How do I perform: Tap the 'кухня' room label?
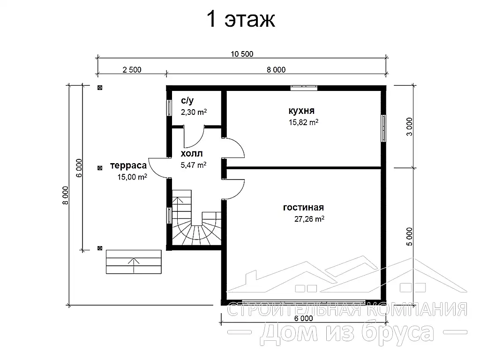(301, 111)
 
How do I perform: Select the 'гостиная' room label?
(303, 208)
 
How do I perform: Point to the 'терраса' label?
(128, 165)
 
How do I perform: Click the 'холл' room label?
(192, 153)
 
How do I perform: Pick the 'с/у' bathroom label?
(187, 100)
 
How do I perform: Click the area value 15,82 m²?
(303, 122)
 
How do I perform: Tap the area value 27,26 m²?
(309, 219)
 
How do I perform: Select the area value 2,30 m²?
(194, 112)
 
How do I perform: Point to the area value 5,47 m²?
(193, 165)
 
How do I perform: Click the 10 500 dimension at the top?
(242, 54)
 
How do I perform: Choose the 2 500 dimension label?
(132, 70)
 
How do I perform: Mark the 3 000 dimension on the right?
(409, 127)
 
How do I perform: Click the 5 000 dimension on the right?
(409, 237)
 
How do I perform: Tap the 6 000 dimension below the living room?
(303, 318)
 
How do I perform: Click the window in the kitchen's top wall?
(304, 88)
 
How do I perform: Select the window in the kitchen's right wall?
(383, 128)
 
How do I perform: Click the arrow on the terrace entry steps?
(134, 265)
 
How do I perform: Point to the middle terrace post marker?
(100, 168)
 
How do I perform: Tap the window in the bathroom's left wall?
(169, 108)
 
